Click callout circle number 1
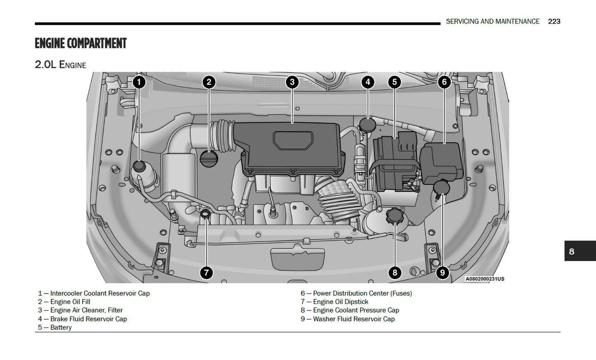pyautogui.click(x=139, y=82)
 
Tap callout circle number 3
pyautogui.click(x=292, y=82)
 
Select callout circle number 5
pyautogui.click(x=394, y=82)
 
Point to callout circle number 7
pyautogui.click(x=206, y=273)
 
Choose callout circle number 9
pyautogui.click(x=442, y=273)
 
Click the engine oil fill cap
pyautogui.click(x=209, y=159)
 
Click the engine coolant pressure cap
pyautogui.click(x=395, y=216)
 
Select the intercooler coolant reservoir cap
pyautogui.click(x=139, y=166)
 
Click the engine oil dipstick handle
pyautogui.click(x=205, y=214)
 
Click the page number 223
pyautogui.click(x=554, y=21)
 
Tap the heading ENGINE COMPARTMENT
pyautogui.click(x=80, y=43)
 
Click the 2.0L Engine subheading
pyautogui.click(x=61, y=65)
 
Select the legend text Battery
pyautogui.click(x=61, y=327)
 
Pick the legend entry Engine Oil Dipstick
pyautogui.click(x=340, y=302)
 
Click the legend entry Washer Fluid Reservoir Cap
pyautogui.click(x=353, y=319)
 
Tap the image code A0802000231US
pyautogui.click(x=485, y=279)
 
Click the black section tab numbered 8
pyautogui.click(x=580, y=251)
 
